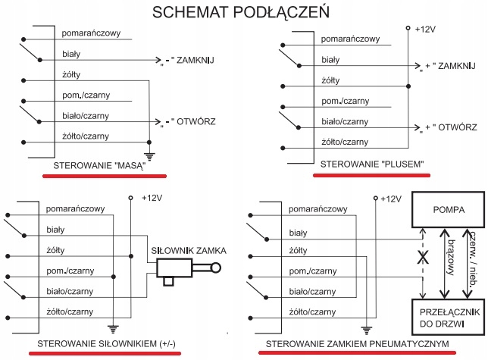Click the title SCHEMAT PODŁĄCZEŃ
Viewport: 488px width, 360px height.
click(243, 13)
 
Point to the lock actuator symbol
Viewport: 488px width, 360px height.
click(182, 268)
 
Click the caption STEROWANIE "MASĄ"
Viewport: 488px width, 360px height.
click(99, 164)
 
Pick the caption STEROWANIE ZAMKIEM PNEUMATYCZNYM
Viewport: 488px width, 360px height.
click(355, 346)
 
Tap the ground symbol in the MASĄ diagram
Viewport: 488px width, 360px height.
click(149, 156)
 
